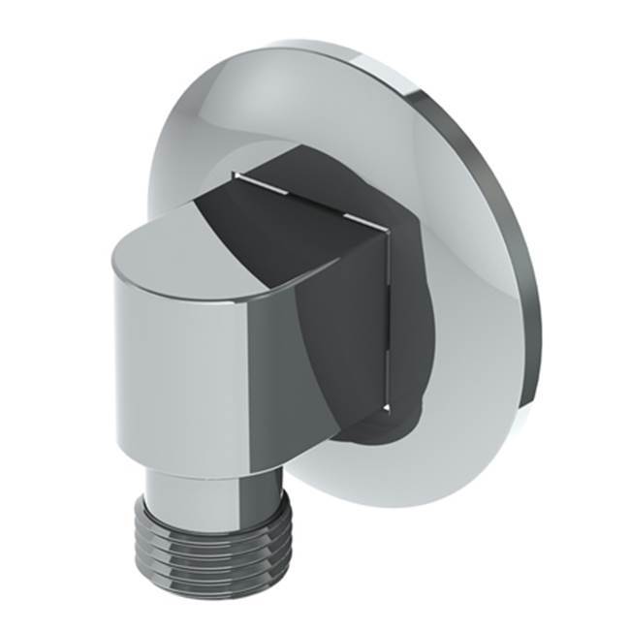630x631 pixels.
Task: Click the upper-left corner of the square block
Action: pyautogui.click(x=235, y=175)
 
